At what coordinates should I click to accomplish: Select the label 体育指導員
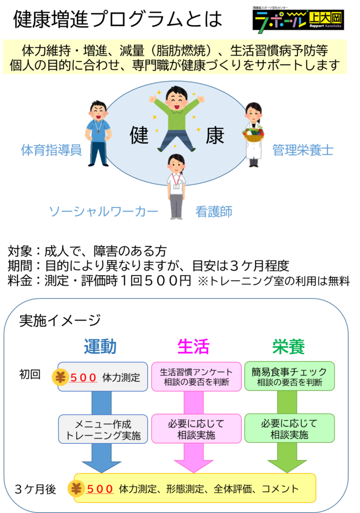51,150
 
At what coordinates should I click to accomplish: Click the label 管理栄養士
303,150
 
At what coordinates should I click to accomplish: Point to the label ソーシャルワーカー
103,212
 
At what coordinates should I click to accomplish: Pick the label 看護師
214,212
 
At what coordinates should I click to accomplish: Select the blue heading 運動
100,346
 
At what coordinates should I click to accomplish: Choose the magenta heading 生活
194,346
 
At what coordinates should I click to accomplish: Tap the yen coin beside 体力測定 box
61,377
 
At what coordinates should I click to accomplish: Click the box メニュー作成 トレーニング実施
103,429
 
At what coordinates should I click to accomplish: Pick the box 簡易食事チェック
289,376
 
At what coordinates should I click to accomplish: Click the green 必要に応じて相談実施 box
289,429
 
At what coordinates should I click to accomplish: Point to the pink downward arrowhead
194,466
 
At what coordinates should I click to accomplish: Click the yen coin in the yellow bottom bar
77,489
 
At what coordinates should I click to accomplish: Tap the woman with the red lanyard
176,186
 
